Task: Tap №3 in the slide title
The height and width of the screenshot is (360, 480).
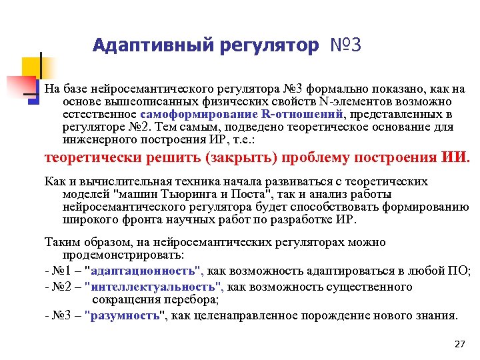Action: pos(346,45)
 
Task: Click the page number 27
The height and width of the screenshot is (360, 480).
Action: pos(459,344)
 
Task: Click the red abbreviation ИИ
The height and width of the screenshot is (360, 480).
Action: pos(455,158)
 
